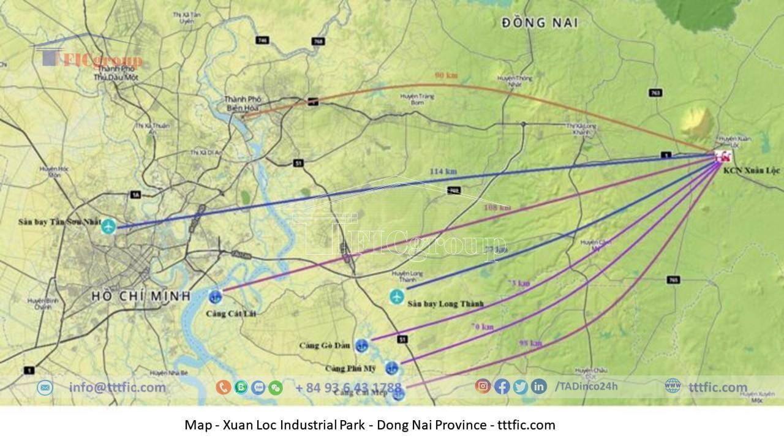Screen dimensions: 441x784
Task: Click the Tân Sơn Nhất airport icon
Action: [108, 227]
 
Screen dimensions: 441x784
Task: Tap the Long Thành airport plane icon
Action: [397, 297]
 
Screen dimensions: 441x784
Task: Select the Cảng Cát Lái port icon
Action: [214, 297]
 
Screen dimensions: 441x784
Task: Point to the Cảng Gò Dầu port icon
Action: [361, 345]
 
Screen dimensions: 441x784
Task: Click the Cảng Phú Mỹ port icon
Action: [392, 368]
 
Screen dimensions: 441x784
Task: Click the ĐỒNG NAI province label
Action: [540, 23]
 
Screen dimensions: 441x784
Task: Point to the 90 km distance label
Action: [446, 75]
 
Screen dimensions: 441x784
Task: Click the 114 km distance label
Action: [443, 171]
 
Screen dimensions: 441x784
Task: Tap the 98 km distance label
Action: [530, 343]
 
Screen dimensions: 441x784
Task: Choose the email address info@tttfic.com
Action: [117, 387]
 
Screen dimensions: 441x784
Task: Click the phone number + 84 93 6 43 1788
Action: [348, 388]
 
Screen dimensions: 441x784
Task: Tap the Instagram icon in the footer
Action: [483, 386]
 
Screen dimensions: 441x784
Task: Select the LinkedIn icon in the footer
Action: [539, 386]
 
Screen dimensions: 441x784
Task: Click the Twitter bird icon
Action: [521, 386]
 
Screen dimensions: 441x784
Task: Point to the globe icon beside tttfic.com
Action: [673, 386]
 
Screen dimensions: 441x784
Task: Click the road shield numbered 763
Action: [655, 93]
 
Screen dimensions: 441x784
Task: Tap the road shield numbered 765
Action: [673, 280]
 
